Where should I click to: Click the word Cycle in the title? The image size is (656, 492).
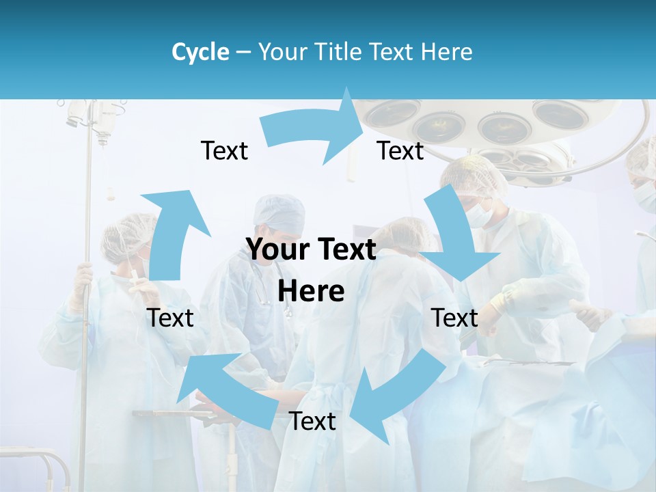coord(200,52)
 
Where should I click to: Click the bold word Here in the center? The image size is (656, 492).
coord(311,292)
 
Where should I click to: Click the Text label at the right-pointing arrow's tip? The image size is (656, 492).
coord(400,151)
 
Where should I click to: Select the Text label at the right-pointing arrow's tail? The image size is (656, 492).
coord(224,151)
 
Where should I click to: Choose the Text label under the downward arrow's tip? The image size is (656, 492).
coord(454,318)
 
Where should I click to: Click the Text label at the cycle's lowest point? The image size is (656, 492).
coord(312,422)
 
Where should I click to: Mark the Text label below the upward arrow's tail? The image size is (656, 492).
coord(170,318)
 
